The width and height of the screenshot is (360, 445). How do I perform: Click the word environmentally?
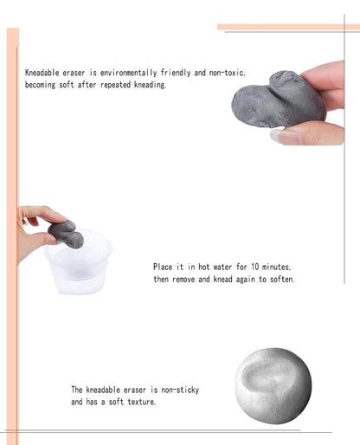click(x=129, y=73)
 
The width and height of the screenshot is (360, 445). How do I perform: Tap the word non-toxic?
click(x=227, y=73)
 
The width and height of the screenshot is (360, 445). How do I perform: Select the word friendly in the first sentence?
click(x=176, y=73)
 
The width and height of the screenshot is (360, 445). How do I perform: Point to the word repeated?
click(x=115, y=85)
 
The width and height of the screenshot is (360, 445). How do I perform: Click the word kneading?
click(x=150, y=85)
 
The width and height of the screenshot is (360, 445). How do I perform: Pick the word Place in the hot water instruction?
click(x=163, y=267)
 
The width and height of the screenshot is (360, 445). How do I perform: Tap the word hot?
click(x=203, y=267)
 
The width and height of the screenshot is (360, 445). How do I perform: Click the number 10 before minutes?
click(x=255, y=267)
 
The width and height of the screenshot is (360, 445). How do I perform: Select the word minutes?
click(x=276, y=267)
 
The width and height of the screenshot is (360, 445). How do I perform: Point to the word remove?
click(x=183, y=280)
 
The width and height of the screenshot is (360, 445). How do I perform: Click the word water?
click(x=222, y=267)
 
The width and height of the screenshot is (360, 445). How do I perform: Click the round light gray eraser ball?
click(x=273, y=385)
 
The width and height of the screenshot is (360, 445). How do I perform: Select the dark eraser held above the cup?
click(x=66, y=234)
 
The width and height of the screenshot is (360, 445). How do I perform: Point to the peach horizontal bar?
click(x=288, y=27)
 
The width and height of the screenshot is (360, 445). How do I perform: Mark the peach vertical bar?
click(x=13, y=236)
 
